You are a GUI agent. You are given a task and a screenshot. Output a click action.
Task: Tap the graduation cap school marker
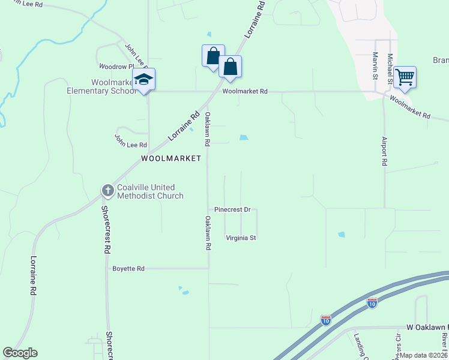coord(144,79)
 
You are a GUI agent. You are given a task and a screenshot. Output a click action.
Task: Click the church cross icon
coord(107,191)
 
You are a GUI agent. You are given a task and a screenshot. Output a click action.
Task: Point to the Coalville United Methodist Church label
coord(150,191)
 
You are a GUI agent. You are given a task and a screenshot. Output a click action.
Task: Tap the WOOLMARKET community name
coord(170,158)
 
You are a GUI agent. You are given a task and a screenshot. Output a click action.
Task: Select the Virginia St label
coord(241,238)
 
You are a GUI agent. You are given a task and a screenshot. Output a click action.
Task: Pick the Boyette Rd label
coord(128,269)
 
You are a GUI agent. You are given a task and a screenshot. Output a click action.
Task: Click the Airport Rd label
coord(384,151)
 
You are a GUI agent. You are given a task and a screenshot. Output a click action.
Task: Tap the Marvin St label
coord(375,65)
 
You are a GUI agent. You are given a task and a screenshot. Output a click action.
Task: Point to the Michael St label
coord(390,68)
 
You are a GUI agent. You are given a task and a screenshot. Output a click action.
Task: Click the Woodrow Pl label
coord(115,67)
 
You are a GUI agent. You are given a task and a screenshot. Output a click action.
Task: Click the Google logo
coord(20,353)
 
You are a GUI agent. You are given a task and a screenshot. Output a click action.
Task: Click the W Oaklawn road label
coord(427,327)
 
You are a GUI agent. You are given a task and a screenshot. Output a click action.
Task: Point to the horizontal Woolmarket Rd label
coord(244,92)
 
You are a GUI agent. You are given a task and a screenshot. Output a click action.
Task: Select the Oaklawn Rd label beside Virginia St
coord(208,233)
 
